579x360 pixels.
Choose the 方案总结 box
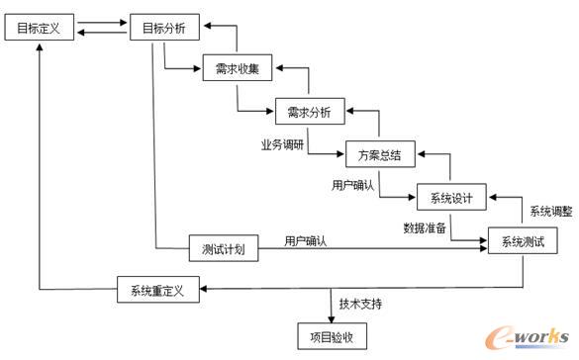tap(380, 154)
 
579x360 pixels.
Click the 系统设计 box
tap(451, 197)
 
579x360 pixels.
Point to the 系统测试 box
tap(523, 241)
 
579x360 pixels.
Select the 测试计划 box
tap(223, 248)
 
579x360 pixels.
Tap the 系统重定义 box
tap(158, 291)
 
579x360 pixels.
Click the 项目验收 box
tap(332, 335)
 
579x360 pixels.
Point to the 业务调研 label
tap(281, 144)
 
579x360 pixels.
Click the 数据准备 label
tap(423, 227)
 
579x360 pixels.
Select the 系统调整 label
tap(550, 211)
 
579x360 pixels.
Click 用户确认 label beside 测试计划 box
tap(306, 240)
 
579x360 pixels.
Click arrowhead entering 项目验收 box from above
tap(332, 317)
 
